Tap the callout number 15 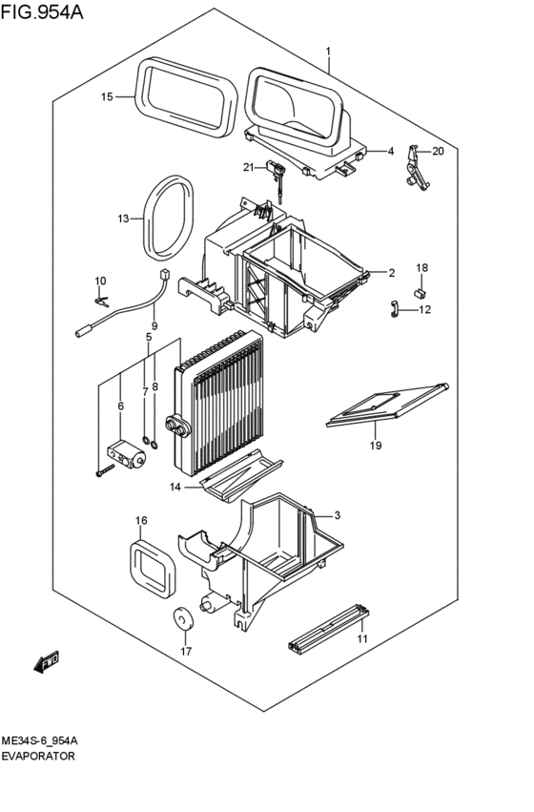[x=107, y=96]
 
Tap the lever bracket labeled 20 [x=417, y=168]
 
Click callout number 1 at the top [x=327, y=51]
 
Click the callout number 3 [x=337, y=516]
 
